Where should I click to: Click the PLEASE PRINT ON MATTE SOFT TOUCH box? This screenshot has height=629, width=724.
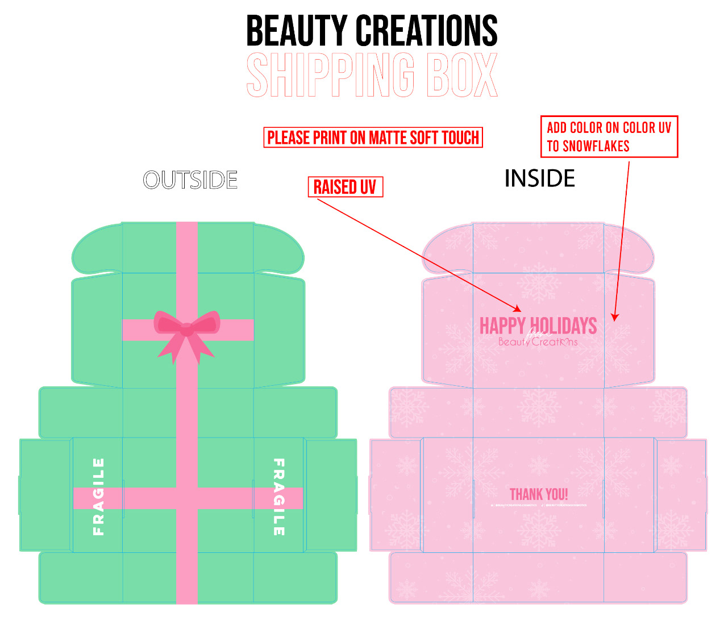(373, 138)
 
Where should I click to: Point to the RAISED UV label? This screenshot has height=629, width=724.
(345, 187)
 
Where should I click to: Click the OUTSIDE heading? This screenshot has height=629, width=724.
(190, 180)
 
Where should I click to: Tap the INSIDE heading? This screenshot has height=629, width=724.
(539, 178)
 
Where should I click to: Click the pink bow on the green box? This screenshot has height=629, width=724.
(186, 330)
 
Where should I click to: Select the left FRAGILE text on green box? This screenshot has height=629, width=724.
(98, 497)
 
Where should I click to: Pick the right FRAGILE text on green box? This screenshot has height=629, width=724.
(278, 497)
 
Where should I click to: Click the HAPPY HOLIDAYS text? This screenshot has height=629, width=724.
(538, 326)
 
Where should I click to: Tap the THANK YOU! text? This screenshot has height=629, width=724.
(539, 494)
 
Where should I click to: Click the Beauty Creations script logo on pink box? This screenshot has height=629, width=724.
(538, 342)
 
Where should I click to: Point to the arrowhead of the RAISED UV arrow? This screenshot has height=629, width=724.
(518, 310)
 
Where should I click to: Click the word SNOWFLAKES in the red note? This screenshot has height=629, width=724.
(596, 147)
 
